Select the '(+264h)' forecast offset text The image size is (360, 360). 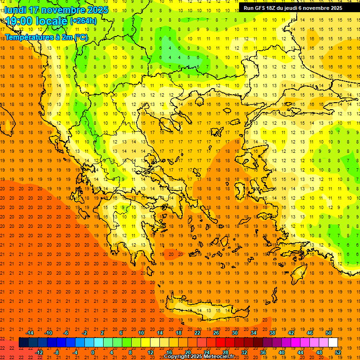pos(83,21)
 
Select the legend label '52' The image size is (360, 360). pos(338,352)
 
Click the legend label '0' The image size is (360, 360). pos(93,352)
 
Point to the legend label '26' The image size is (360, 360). pos(216,333)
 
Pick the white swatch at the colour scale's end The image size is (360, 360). pos(333,343)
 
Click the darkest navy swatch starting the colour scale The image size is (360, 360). pos(23,343)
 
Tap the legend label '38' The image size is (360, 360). pos(272,333)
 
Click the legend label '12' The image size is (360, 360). pos(150,352)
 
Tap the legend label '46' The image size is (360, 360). pos(310,333)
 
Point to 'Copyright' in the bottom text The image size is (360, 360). pos(177,357)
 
